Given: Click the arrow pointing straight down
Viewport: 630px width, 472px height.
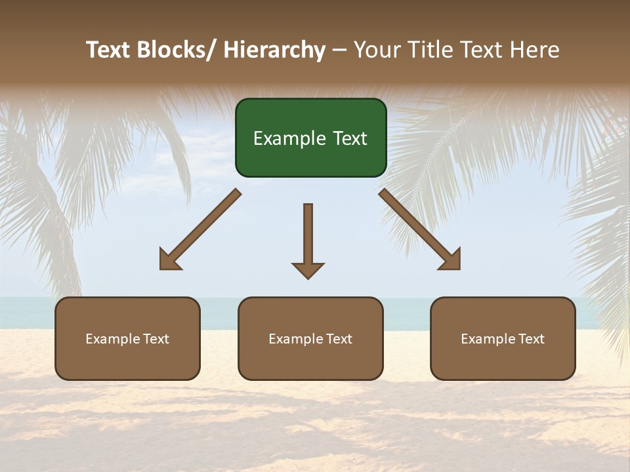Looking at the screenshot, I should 308,239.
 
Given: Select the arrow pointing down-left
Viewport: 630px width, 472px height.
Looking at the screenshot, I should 200,229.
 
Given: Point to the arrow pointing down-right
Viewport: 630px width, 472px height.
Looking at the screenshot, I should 420,229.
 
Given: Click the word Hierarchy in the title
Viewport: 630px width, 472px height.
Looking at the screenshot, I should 274,50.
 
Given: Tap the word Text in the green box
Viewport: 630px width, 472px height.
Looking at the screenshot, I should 350,139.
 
